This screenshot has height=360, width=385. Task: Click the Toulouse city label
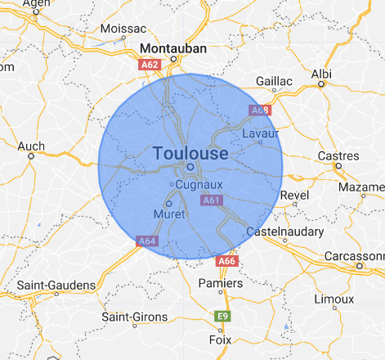[190, 152]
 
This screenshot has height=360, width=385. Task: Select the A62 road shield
[149, 63]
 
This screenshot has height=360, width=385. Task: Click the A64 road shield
[147, 241]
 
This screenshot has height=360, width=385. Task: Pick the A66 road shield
[226, 261]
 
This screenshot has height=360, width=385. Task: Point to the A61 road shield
[212, 200]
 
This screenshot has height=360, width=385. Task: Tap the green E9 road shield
[221, 316]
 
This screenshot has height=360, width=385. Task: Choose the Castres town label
[338, 155]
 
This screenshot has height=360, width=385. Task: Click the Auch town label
[31, 146]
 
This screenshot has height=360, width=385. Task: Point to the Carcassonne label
[356, 255]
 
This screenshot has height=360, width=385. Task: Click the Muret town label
[168, 214]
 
